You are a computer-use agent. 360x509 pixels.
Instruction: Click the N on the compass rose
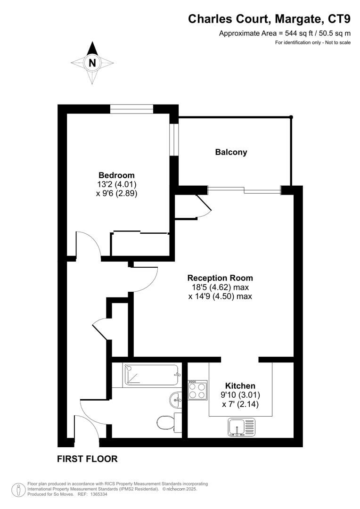92,62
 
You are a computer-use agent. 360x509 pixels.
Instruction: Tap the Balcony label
231,152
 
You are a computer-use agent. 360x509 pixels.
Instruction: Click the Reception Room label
220,278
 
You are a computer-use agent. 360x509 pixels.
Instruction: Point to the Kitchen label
240,386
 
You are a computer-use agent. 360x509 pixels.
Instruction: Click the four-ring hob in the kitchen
197,390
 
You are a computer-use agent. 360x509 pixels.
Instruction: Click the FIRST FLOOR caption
87,459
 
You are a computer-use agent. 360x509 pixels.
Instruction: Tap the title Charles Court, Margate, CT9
269,19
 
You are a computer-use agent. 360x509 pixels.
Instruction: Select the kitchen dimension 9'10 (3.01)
240,395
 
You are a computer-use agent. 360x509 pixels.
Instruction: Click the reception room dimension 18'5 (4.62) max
220,287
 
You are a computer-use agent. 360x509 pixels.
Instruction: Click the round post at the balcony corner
291,117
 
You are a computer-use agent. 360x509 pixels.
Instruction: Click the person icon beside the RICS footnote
18,489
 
